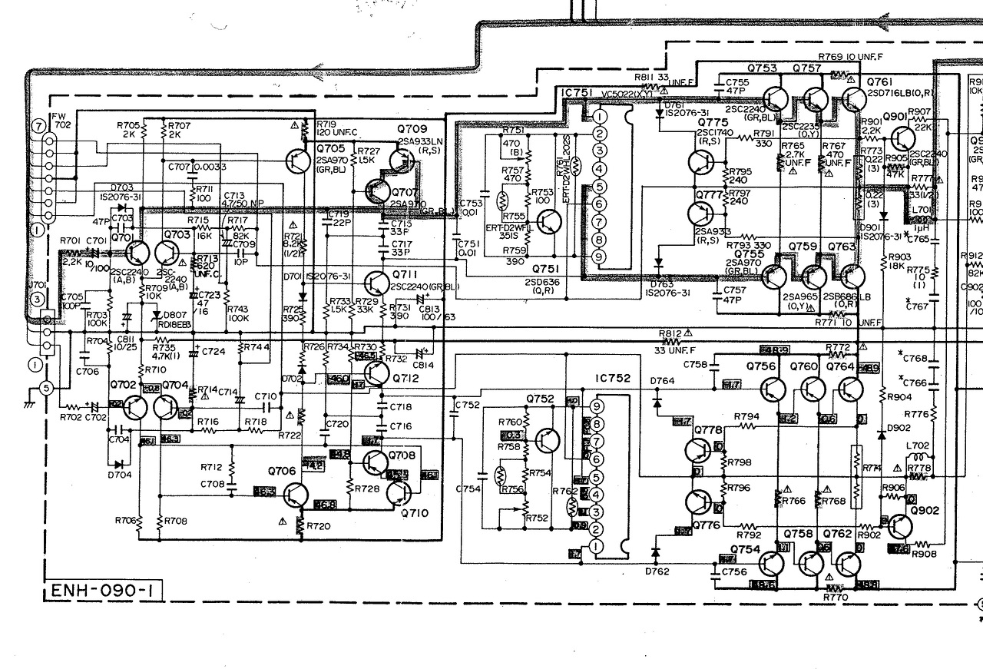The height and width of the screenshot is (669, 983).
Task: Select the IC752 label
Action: pyautogui.click(x=611, y=379)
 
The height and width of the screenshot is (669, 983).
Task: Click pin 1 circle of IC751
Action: pyautogui.click(x=600, y=116)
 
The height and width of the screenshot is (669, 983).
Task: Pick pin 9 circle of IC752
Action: pyautogui.click(x=595, y=406)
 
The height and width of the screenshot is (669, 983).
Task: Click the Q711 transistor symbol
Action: pyautogui.click(x=376, y=283)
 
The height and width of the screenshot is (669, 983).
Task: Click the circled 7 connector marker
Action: pyautogui.click(x=37, y=125)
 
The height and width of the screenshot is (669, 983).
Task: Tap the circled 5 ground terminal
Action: pyautogui.click(x=46, y=389)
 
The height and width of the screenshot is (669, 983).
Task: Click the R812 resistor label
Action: pyautogui.click(x=670, y=333)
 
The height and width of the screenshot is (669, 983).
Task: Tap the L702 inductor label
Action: pyautogui.click(x=916, y=445)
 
